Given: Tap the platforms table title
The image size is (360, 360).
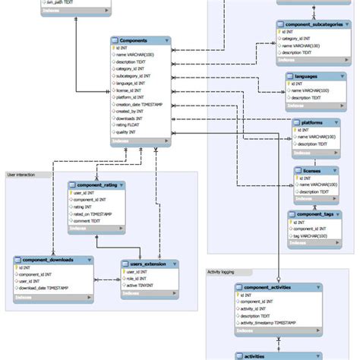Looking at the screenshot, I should (x=308, y=122).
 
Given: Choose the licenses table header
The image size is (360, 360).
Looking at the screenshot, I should (x=311, y=172).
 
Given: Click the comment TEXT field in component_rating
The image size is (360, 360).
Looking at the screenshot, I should (x=89, y=221).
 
